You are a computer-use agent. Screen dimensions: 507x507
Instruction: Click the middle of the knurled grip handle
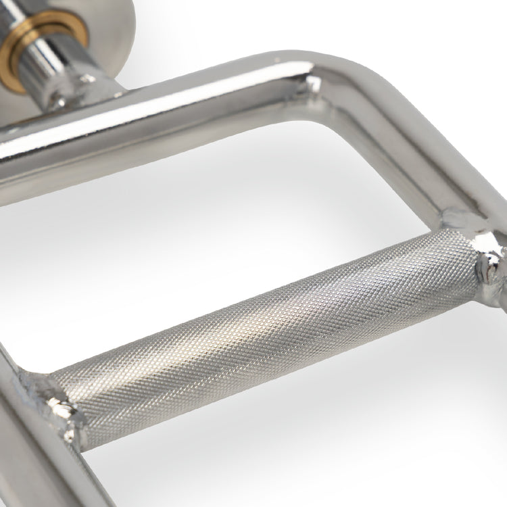pos(270,324)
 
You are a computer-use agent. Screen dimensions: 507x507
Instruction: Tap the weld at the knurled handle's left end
pos(51,399)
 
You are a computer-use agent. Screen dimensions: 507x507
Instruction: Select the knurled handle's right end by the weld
pos(460,264)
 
